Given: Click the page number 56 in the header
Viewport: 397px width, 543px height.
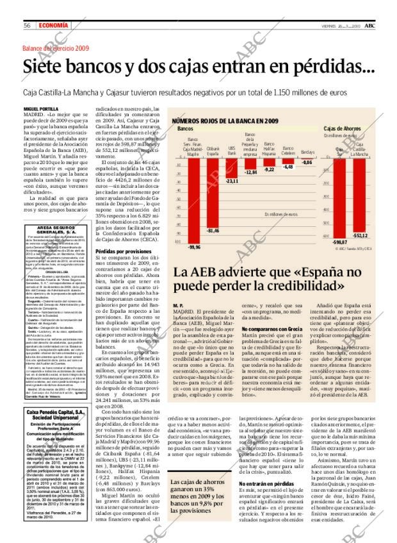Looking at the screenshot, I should click(x=28, y=25).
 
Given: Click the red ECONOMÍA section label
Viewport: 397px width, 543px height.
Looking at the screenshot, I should click(x=51, y=25).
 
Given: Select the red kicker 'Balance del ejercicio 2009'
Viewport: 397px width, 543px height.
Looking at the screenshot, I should click(x=56, y=49).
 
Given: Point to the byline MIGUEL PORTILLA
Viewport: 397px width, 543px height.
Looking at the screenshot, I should click(x=41, y=109).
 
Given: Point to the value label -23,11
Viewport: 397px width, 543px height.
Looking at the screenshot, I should click(x=232, y=181).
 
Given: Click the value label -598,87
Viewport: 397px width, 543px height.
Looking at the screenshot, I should click(x=339, y=242).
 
